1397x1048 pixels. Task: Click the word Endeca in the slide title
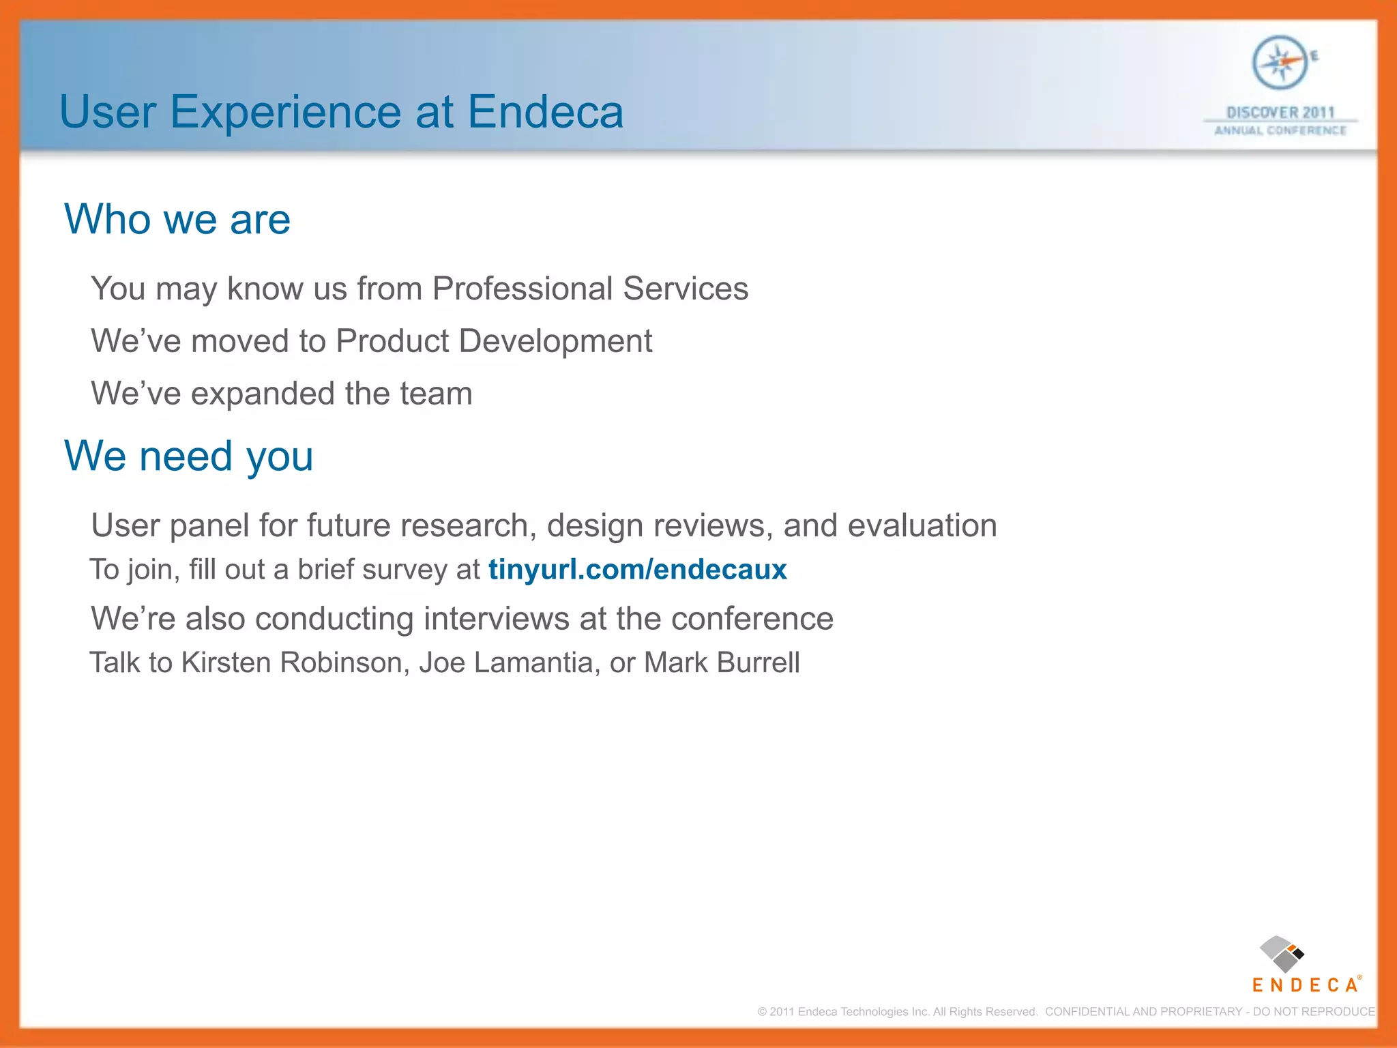click(x=545, y=112)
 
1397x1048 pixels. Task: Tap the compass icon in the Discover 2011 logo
click(x=1280, y=63)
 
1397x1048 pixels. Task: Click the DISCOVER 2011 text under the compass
click(x=1280, y=113)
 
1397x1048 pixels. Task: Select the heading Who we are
click(x=177, y=220)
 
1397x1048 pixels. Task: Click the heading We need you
click(x=188, y=456)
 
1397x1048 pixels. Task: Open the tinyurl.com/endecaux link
click(x=637, y=570)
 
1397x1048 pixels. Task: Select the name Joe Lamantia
click(x=505, y=663)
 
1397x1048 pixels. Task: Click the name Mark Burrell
click(x=721, y=663)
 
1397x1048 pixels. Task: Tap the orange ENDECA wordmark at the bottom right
click(x=1304, y=985)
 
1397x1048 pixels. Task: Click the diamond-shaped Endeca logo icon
click(x=1282, y=954)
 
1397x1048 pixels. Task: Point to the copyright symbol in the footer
click(x=762, y=1012)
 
